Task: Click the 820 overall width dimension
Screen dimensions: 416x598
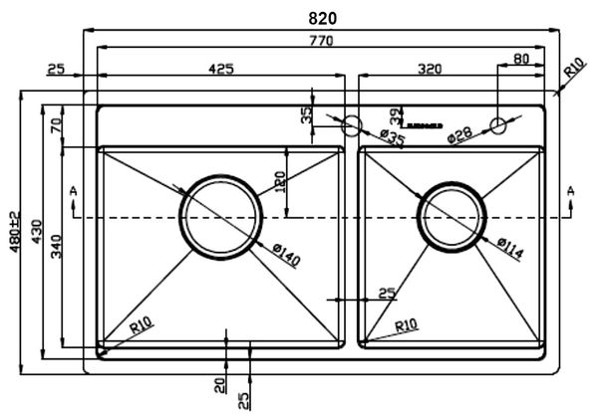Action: click(323, 18)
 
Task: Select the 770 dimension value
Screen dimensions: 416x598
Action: click(321, 41)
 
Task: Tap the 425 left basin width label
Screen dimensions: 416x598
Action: click(220, 69)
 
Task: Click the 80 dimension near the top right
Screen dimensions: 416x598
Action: click(521, 59)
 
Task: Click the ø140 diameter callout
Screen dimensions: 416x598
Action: click(283, 255)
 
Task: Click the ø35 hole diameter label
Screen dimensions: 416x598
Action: click(392, 139)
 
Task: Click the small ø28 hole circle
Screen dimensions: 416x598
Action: click(498, 125)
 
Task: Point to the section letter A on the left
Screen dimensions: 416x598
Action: click(74, 189)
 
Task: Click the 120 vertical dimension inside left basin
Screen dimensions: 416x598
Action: click(281, 182)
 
